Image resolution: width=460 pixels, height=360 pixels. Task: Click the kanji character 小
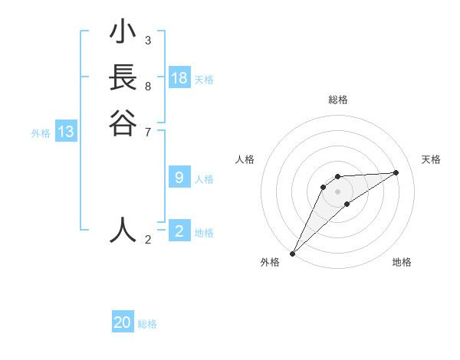click(x=123, y=33)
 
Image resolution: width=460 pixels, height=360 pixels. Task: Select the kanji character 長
click(x=123, y=78)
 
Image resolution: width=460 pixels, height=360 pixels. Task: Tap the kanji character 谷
click(x=123, y=123)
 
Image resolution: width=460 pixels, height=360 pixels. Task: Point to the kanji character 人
click(x=123, y=229)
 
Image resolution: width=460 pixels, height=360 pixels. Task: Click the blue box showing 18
click(x=179, y=78)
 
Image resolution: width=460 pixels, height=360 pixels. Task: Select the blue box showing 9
click(x=179, y=178)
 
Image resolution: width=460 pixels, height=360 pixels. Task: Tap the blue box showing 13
click(x=66, y=132)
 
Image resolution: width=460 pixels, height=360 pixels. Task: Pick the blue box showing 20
click(x=123, y=322)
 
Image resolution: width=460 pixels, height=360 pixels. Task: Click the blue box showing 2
click(x=179, y=231)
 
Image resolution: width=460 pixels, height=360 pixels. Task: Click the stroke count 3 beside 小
click(x=148, y=40)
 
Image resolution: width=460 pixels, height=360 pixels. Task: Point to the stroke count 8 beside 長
click(x=148, y=86)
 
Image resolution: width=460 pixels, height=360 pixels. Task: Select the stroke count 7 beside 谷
click(x=148, y=131)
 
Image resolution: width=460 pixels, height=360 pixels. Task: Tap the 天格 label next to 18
click(x=204, y=80)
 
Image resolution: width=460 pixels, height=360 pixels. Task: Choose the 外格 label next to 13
click(x=41, y=133)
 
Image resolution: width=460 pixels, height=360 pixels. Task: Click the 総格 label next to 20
click(x=147, y=324)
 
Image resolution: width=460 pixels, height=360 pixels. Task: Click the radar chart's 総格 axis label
click(x=337, y=100)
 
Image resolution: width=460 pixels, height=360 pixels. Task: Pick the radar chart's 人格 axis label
click(x=245, y=159)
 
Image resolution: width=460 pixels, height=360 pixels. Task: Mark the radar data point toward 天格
click(x=396, y=172)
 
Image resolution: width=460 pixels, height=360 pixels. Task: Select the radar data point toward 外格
click(x=292, y=253)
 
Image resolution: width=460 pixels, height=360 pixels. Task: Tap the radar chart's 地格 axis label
click(x=402, y=262)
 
